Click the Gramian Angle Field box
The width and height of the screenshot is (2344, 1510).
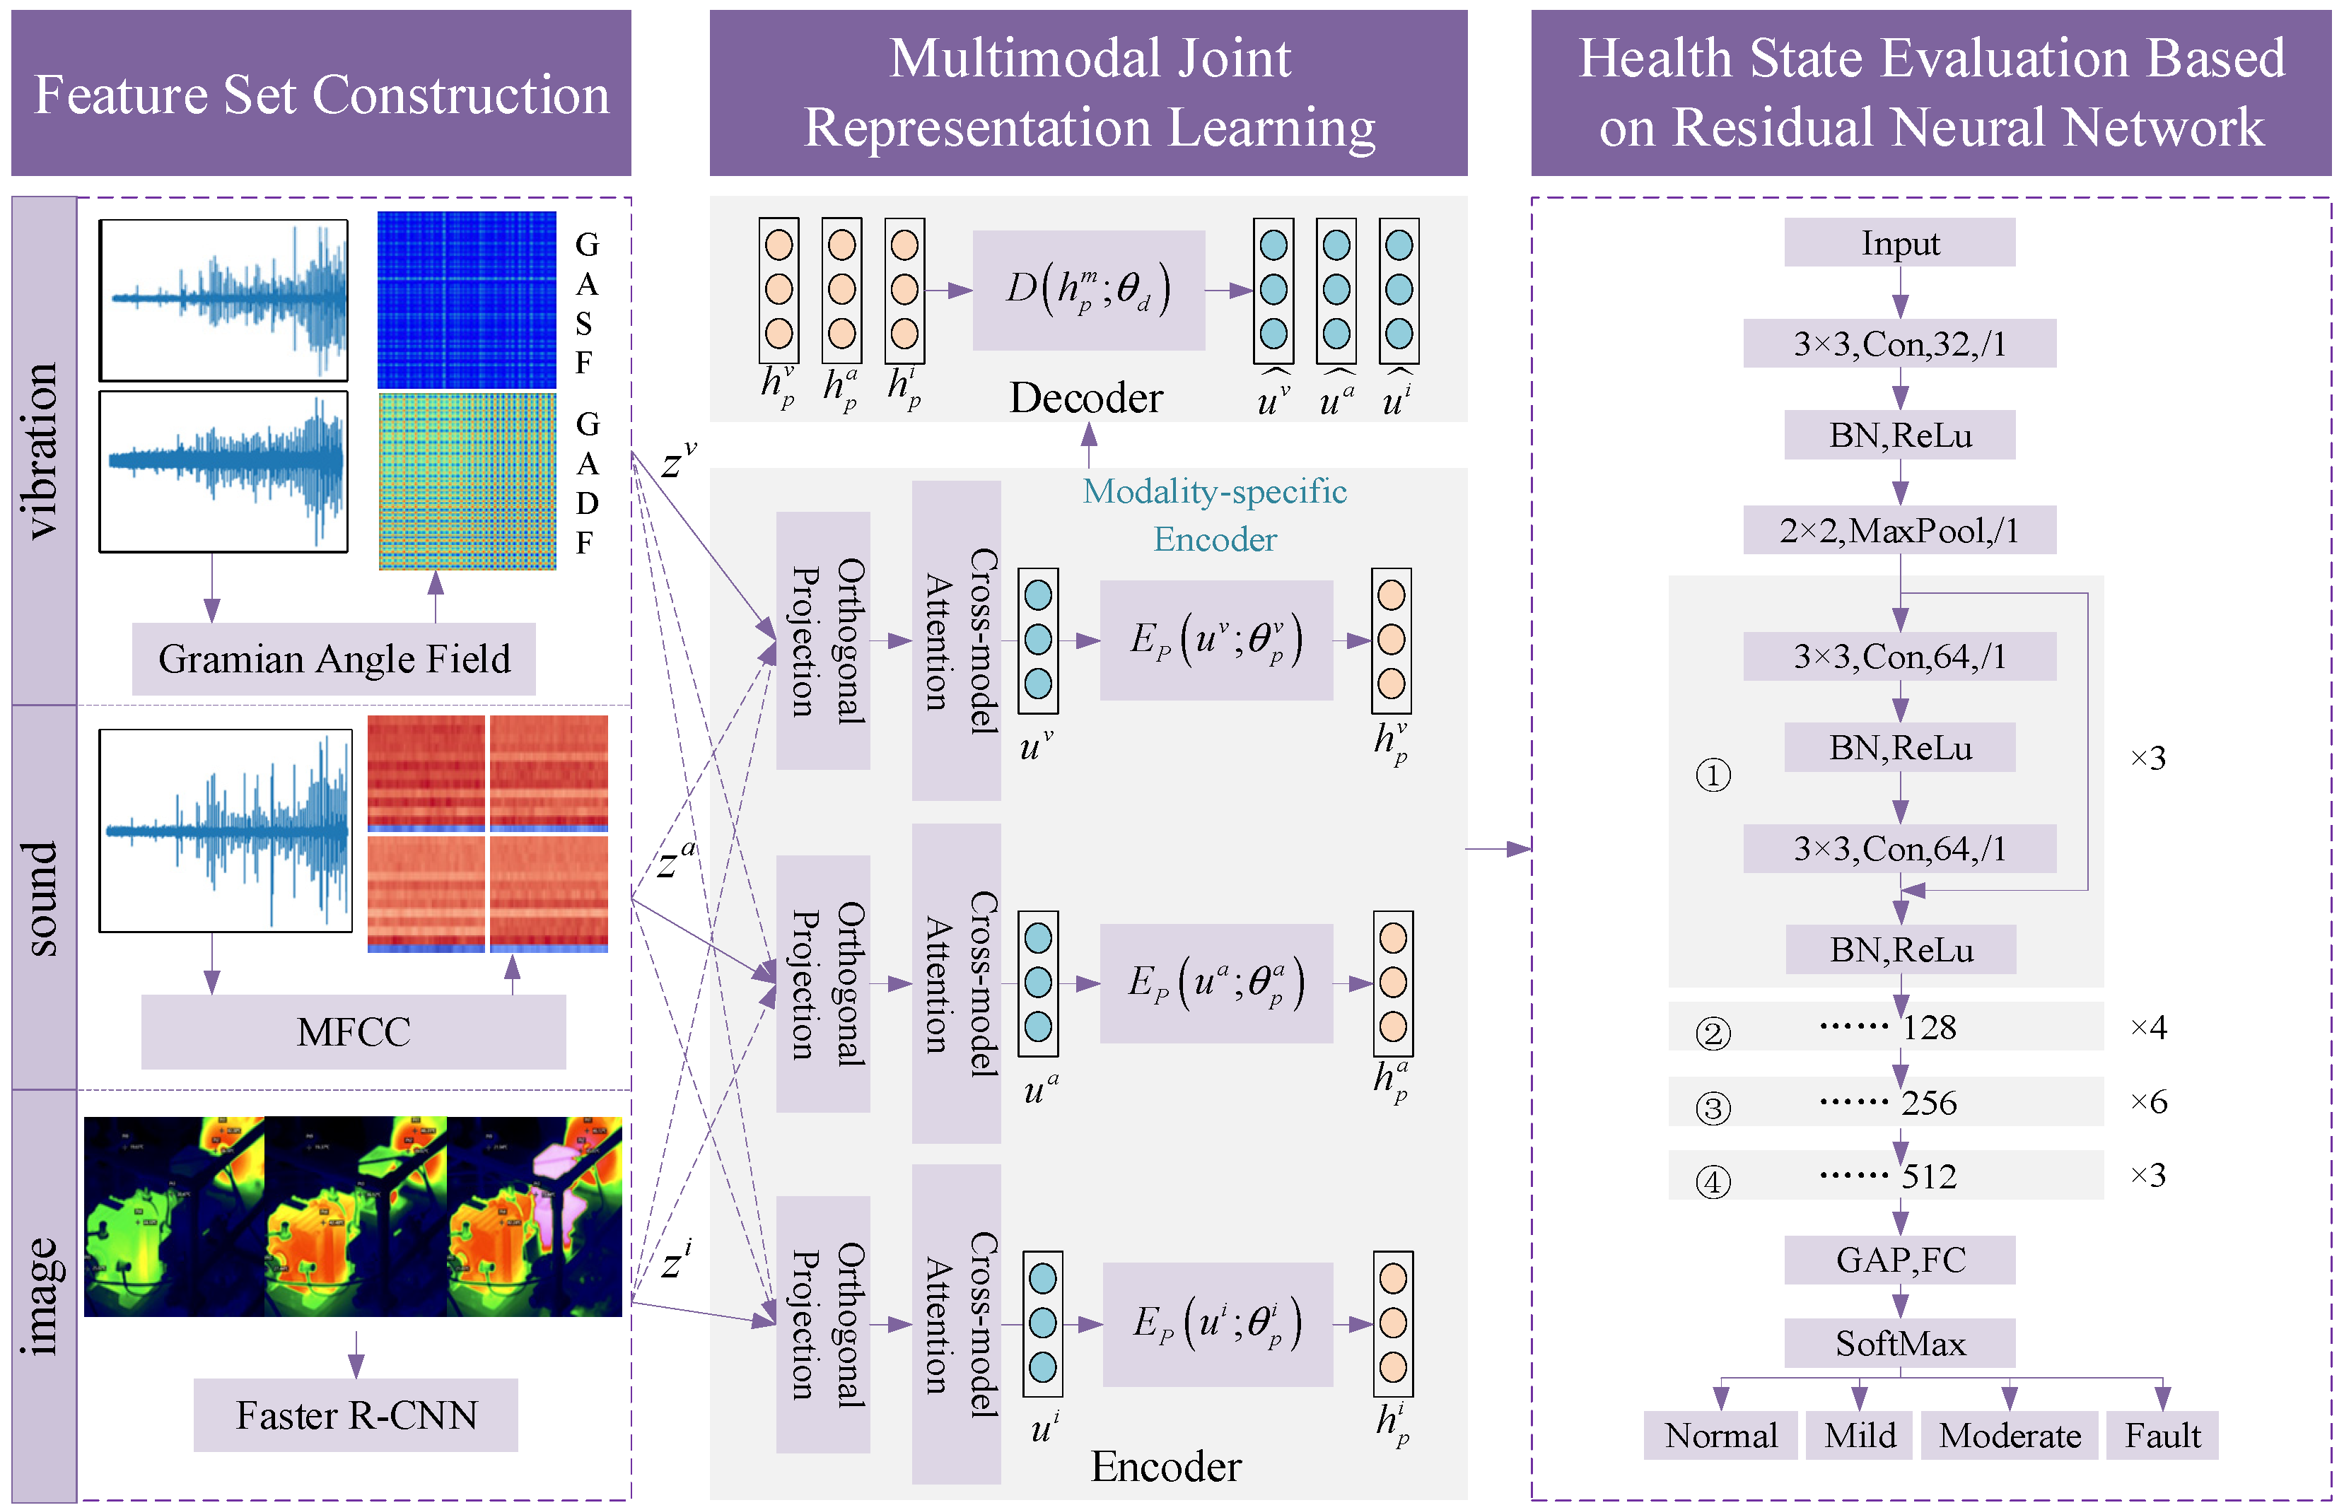(x=334, y=659)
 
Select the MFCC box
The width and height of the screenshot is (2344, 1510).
(x=353, y=1031)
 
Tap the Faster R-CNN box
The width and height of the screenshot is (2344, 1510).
(x=355, y=1415)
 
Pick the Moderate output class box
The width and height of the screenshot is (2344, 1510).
(x=2009, y=1436)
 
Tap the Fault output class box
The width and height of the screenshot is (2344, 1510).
(x=2162, y=1436)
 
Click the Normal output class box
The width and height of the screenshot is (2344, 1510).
(x=1720, y=1436)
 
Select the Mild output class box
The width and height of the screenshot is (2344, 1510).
(x=1860, y=1436)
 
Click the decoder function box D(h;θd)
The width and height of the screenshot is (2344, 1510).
(x=1089, y=291)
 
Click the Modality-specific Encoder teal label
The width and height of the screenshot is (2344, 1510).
(x=1214, y=515)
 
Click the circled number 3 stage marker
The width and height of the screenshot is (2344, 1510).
(x=1713, y=1108)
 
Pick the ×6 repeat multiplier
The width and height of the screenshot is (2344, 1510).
(x=2148, y=1102)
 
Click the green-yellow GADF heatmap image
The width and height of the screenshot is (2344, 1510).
(x=467, y=481)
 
